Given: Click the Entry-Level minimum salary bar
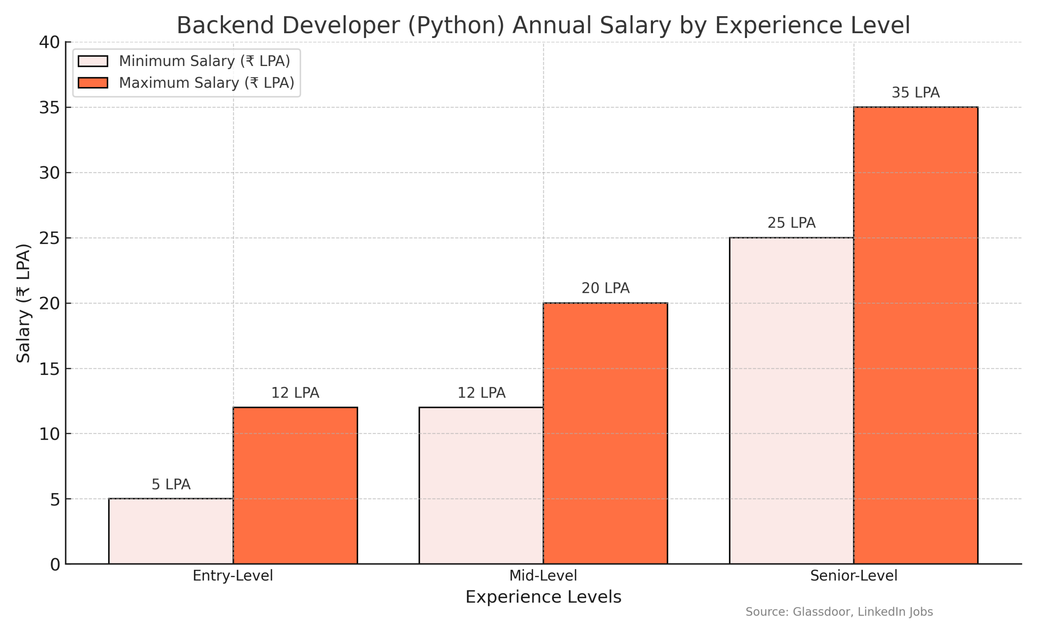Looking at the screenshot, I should (171, 531).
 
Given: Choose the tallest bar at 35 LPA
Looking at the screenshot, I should (915, 335).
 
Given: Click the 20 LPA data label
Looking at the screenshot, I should (605, 288).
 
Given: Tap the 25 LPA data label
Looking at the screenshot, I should (792, 223).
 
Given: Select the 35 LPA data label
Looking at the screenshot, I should (915, 92).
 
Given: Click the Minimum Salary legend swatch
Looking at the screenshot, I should (93, 61).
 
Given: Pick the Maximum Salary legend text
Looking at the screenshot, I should (207, 83).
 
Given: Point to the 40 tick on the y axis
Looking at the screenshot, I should (49, 43).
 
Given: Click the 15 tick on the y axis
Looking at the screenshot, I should (49, 369).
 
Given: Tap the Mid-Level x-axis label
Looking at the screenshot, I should (543, 575).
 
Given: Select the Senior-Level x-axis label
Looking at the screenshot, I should (853, 575).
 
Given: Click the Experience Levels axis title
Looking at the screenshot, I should (543, 596).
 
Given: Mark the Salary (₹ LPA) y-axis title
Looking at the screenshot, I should (23, 302).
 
